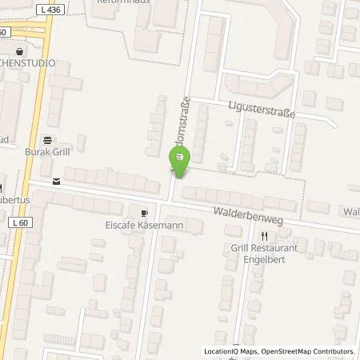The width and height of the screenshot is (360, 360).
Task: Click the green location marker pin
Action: (x=178, y=162)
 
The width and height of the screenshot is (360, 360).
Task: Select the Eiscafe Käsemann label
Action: (x=144, y=226)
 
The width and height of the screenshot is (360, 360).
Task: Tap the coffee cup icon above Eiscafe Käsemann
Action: (x=144, y=214)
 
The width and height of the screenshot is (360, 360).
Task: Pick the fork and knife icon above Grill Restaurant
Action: (x=264, y=235)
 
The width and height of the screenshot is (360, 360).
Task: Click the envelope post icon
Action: (x=55, y=181)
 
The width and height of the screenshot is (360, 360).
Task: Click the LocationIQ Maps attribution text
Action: (x=232, y=351)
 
